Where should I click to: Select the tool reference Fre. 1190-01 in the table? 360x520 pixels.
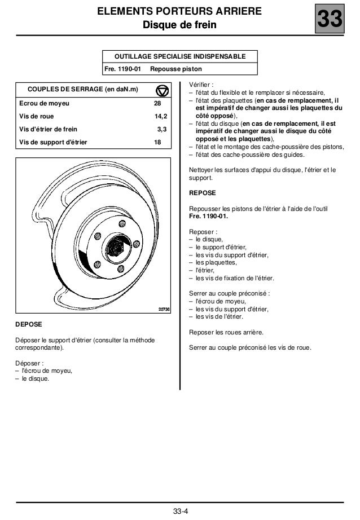123,69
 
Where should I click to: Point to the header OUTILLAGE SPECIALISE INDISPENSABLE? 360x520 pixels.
179,57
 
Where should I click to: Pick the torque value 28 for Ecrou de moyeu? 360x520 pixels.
158,104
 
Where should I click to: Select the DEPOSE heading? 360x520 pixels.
28,325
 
